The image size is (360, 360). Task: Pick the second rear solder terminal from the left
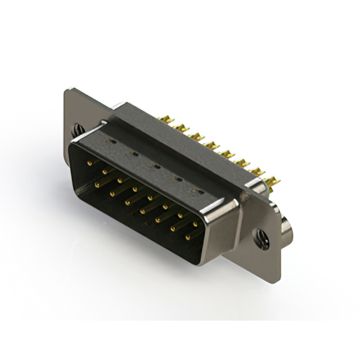[x=182, y=128]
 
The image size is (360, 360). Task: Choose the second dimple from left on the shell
[x=134, y=154]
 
